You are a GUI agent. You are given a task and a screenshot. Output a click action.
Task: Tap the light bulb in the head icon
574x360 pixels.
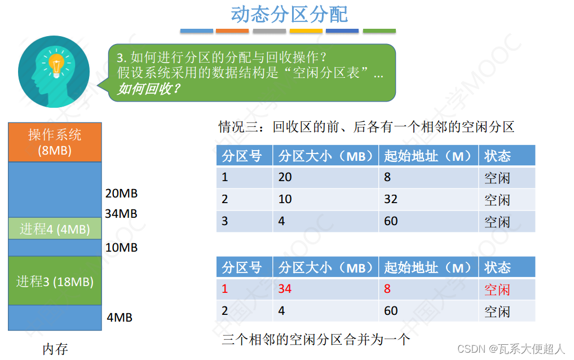click(56, 64)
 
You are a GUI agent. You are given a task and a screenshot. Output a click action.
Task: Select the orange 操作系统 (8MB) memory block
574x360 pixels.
click(55, 142)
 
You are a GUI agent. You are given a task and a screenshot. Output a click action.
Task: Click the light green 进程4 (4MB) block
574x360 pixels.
click(55, 229)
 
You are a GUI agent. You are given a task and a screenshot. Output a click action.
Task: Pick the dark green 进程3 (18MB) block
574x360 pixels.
click(55, 280)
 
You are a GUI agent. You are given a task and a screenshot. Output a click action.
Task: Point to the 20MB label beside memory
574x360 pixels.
click(121, 194)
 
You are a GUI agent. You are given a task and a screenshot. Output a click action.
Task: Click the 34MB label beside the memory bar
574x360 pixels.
click(121, 214)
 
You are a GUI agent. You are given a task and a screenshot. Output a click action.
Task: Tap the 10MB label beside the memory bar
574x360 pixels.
click(121, 247)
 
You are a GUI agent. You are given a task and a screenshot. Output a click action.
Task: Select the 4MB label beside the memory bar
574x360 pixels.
click(120, 317)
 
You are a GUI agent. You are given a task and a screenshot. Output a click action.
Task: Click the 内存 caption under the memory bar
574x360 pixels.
click(55, 349)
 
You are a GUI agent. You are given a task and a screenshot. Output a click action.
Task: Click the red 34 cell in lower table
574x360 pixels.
click(285, 289)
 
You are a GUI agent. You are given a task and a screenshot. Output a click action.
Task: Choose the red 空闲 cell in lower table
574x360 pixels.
click(497, 290)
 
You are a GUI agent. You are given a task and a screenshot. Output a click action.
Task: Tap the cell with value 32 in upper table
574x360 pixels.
click(391, 199)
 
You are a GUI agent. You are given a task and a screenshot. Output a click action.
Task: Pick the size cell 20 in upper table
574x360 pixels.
click(285, 177)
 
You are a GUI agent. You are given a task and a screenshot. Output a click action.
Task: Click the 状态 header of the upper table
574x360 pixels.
click(497, 156)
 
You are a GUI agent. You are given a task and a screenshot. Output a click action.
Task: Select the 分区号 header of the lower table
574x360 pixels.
click(242, 267)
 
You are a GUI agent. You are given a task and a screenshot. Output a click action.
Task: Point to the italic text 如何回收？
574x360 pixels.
click(148, 89)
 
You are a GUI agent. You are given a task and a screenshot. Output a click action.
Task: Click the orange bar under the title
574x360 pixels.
click(232, 30)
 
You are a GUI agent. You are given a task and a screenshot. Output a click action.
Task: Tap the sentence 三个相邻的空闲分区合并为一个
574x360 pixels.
click(316, 340)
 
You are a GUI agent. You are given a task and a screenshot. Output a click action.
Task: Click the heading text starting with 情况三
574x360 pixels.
click(367, 126)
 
